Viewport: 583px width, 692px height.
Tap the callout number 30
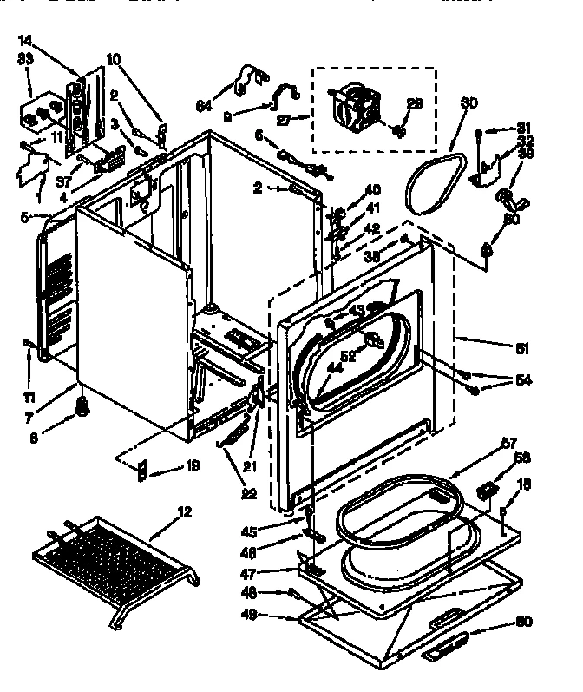(x=468, y=102)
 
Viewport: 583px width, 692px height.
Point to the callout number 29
(x=415, y=104)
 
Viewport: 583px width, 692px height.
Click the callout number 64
(x=203, y=106)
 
